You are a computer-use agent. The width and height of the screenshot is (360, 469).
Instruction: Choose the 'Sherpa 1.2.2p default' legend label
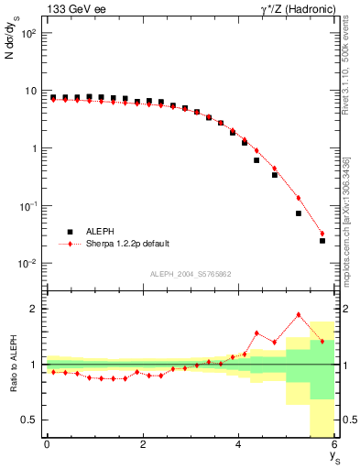tap(126, 244)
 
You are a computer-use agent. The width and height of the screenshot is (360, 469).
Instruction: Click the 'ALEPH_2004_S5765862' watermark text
tap(191, 274)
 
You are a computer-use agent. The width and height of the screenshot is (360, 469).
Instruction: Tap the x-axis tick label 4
tap(239, 445)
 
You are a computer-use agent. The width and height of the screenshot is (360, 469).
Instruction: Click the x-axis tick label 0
tap(47, 445)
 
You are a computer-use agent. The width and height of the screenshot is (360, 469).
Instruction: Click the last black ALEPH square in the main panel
tap(322, 241)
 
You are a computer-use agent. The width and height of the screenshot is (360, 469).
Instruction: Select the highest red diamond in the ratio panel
tap(298, 315)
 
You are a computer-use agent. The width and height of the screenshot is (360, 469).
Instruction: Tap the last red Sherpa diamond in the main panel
tap(322, 233)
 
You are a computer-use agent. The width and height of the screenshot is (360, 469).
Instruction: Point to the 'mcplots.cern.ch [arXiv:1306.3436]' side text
tap(351, 209)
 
